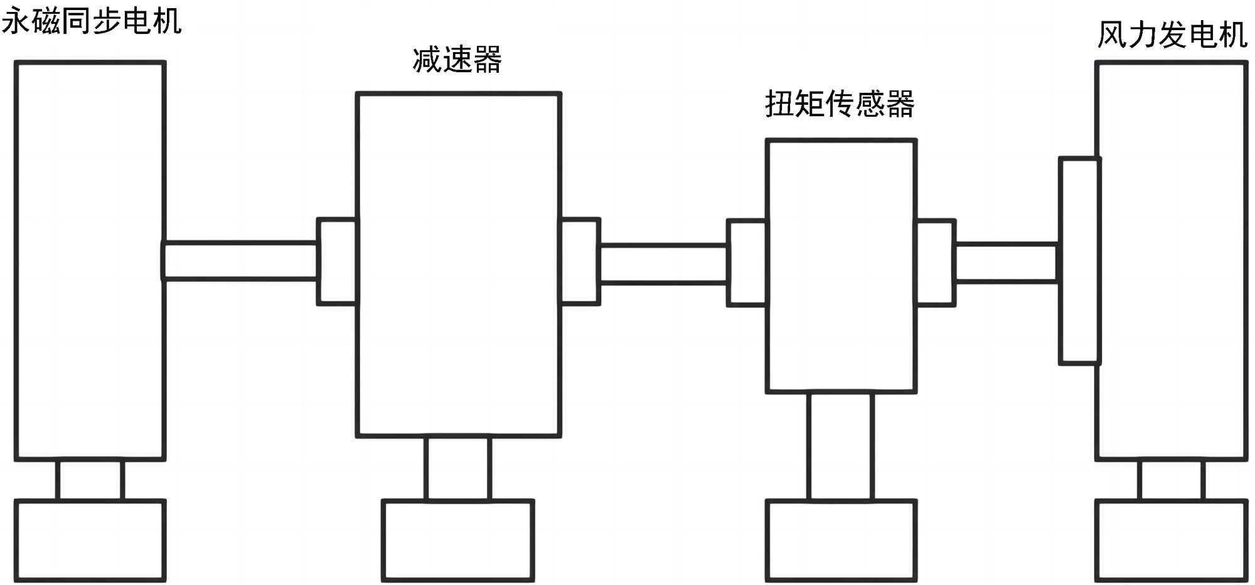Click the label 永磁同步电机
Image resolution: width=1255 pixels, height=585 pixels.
click(x=92, y=21)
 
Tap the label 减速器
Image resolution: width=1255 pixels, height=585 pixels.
click(x=457, y=60)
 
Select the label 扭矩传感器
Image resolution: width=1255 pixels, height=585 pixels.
click(x=840, y=104)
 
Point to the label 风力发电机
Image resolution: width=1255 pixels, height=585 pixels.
click(x=1172, y=35)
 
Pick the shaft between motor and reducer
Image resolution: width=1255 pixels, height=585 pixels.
click(x=240, y=260)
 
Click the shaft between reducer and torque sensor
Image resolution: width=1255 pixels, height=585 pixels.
click(x=663, y=264)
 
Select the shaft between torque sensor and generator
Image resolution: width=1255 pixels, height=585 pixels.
click(x=1007, y=262)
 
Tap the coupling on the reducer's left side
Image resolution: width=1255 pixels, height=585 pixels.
click(x=337, y=261)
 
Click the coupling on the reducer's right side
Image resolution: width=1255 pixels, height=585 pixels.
click(x=580, y=261)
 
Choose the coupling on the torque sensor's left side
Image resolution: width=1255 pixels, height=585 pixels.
click(x=747, y=262)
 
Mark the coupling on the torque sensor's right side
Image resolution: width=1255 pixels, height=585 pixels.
click(x=936, y=262)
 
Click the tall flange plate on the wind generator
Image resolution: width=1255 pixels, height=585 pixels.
click(x=1079, y=260)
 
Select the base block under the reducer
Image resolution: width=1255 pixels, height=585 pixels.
click(x=458, y=540)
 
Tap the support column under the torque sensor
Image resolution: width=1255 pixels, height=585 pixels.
click(x=841, y=446)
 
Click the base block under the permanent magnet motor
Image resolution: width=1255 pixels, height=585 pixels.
click(x=90, y=540)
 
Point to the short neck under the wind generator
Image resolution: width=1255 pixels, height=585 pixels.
click(x=1172, y=480)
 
